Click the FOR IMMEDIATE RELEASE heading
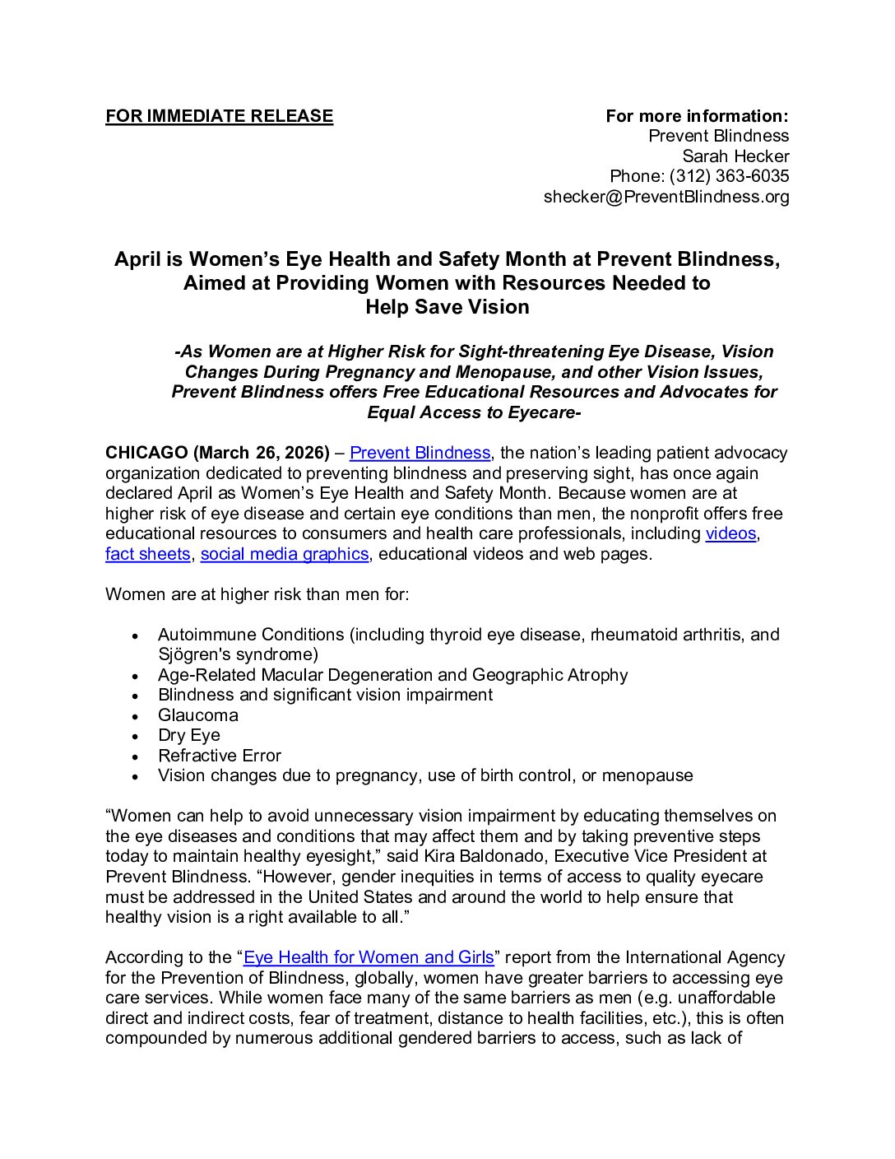coord(219,116)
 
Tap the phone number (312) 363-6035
coord(729,176)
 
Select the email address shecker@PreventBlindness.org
coord(665,197)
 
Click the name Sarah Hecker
coord(735,156)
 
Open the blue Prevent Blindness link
coord(420,453)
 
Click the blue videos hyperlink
coord(730,533)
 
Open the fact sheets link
coord(147,554)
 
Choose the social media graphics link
coord(284,554)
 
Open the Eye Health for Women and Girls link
coord(369,957)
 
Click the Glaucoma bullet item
coord(198,715)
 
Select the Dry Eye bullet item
coord(189,735)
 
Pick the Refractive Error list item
coord(220,756)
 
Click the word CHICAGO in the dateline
coord(146,453)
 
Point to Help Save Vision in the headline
coord(447,307)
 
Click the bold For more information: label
coord(697,116)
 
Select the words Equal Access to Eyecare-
coord(474,412)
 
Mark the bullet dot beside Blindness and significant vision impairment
coord(137,696)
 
